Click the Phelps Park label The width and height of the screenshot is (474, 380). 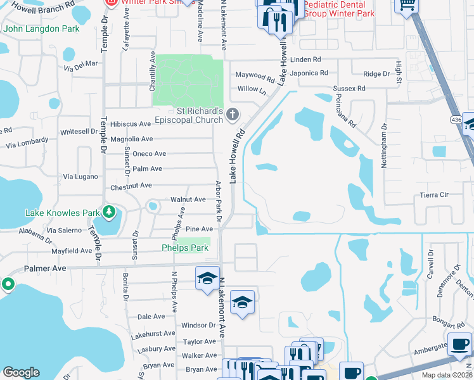coord(185,248)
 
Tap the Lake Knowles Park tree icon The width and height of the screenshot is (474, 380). coord(110,212)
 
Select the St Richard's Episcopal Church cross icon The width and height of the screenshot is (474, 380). coord(233,115)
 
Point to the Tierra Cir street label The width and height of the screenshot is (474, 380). coord(434,195)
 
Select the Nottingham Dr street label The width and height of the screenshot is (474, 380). coord(383,146)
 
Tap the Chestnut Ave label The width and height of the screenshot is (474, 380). coord(131,186)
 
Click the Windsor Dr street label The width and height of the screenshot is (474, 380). coord(198,326)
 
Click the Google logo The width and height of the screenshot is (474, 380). coord(21,372)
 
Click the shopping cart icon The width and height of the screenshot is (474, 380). coord(406,4)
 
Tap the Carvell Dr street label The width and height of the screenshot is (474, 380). coord(431,265)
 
